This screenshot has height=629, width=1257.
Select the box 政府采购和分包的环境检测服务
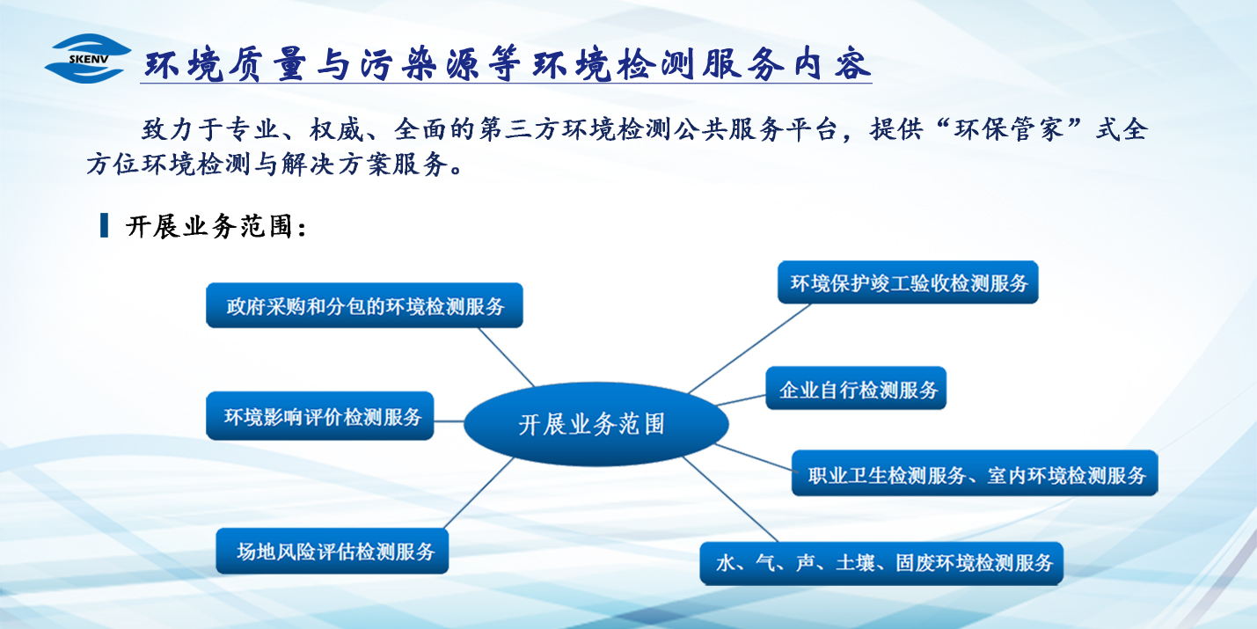[x=365, y=306]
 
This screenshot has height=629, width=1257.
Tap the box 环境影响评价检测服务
[x=321, y=416]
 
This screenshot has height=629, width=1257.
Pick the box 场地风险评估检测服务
[x=333, y=552]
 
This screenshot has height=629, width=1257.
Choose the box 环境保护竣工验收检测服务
[x=909, y=283]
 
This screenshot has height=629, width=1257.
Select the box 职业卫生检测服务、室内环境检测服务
[x=976, y=475]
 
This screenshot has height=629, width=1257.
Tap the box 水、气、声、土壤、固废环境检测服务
[x=882, y=563]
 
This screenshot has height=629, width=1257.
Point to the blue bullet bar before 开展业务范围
[x=104, y=225]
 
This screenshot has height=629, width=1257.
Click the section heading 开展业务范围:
[x=216, y=227]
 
